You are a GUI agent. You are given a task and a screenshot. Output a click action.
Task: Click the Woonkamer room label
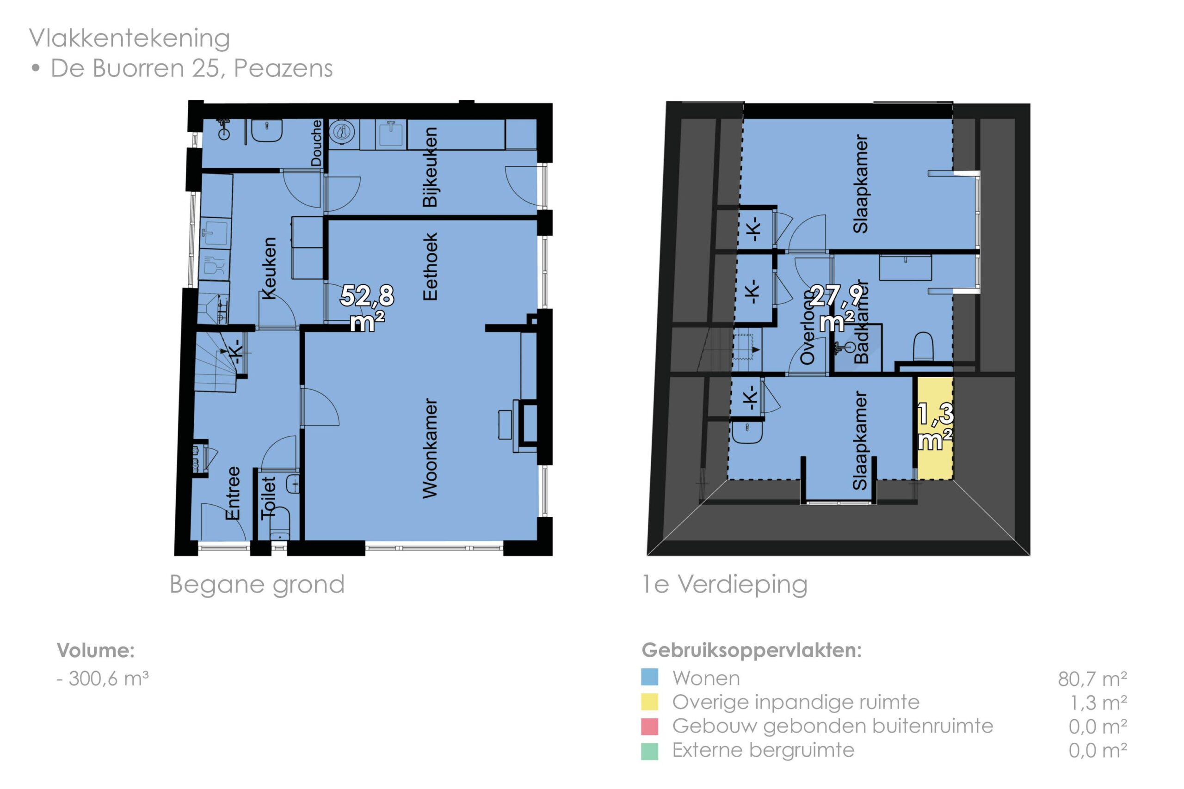430,448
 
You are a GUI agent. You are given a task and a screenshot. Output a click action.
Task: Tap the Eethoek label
430,267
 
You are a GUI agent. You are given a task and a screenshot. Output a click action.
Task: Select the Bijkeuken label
430,167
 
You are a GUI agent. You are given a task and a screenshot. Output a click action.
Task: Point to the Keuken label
268,268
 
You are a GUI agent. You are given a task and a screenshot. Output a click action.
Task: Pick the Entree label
233,493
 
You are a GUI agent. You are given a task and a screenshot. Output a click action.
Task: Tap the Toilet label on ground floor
268,498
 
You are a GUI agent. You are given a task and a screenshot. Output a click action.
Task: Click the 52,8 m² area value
368,308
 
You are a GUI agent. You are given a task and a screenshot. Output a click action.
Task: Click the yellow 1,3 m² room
935,428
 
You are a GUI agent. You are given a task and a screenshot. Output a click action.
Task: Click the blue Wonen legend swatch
649,677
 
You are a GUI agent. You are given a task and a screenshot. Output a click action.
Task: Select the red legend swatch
649,726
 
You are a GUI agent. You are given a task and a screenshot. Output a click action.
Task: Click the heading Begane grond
257,585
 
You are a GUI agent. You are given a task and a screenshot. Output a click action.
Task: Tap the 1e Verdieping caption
725,584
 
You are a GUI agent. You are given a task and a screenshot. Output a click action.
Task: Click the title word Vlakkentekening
129,38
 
